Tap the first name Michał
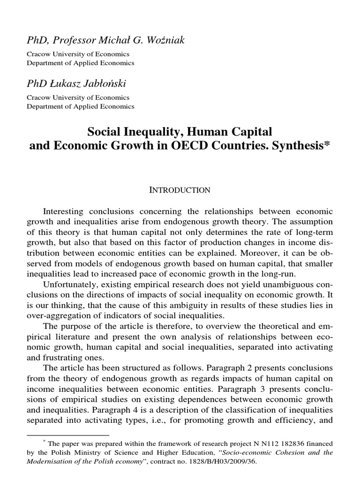[105, 41]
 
